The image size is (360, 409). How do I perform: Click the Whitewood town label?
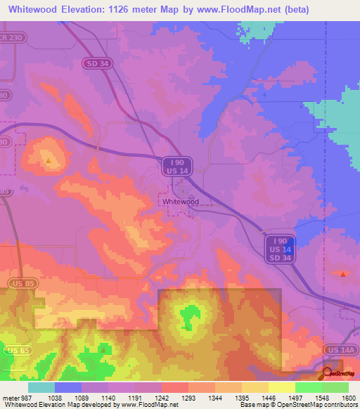coord(181,201)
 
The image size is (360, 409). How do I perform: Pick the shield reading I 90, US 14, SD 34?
coord(281,249)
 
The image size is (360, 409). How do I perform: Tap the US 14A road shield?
coord(342,349)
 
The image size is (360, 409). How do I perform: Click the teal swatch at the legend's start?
coord(41,387)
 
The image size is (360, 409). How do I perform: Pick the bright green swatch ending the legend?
coord(335,387)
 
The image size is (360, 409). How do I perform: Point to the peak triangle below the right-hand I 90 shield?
coord(342,274)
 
